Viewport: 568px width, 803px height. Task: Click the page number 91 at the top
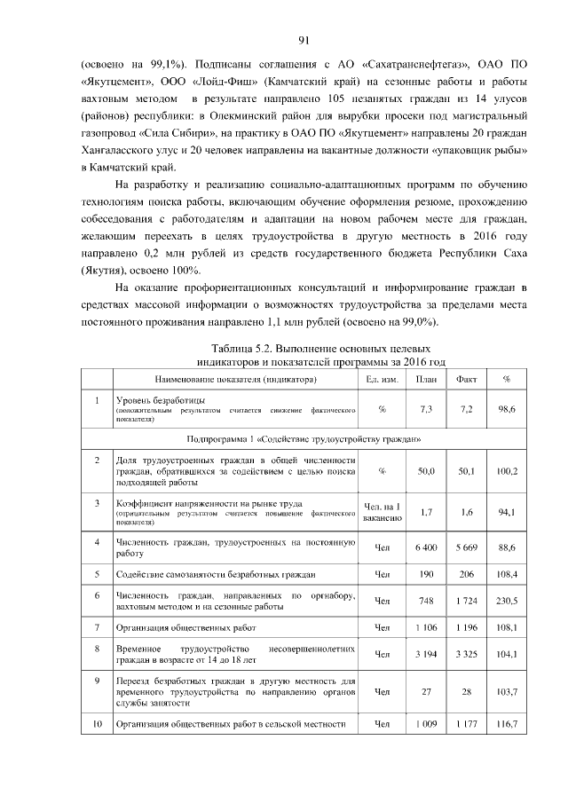click(303, 40)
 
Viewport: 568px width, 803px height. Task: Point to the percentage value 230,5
click(508, 602)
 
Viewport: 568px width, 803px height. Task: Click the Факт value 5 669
click(467, 547)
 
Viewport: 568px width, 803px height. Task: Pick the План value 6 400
click(425, 547)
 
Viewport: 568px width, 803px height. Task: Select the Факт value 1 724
click(467, 602)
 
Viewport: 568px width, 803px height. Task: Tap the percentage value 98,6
click(508, 409)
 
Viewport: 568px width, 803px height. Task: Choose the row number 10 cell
click(96, 724)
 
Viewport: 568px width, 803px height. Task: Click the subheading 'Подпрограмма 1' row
click(304, 439)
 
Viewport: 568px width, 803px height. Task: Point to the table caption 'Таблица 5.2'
click(321, 349)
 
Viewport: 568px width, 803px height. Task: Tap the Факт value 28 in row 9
click(467, 690)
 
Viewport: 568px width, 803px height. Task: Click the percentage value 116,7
click(508, 724)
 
